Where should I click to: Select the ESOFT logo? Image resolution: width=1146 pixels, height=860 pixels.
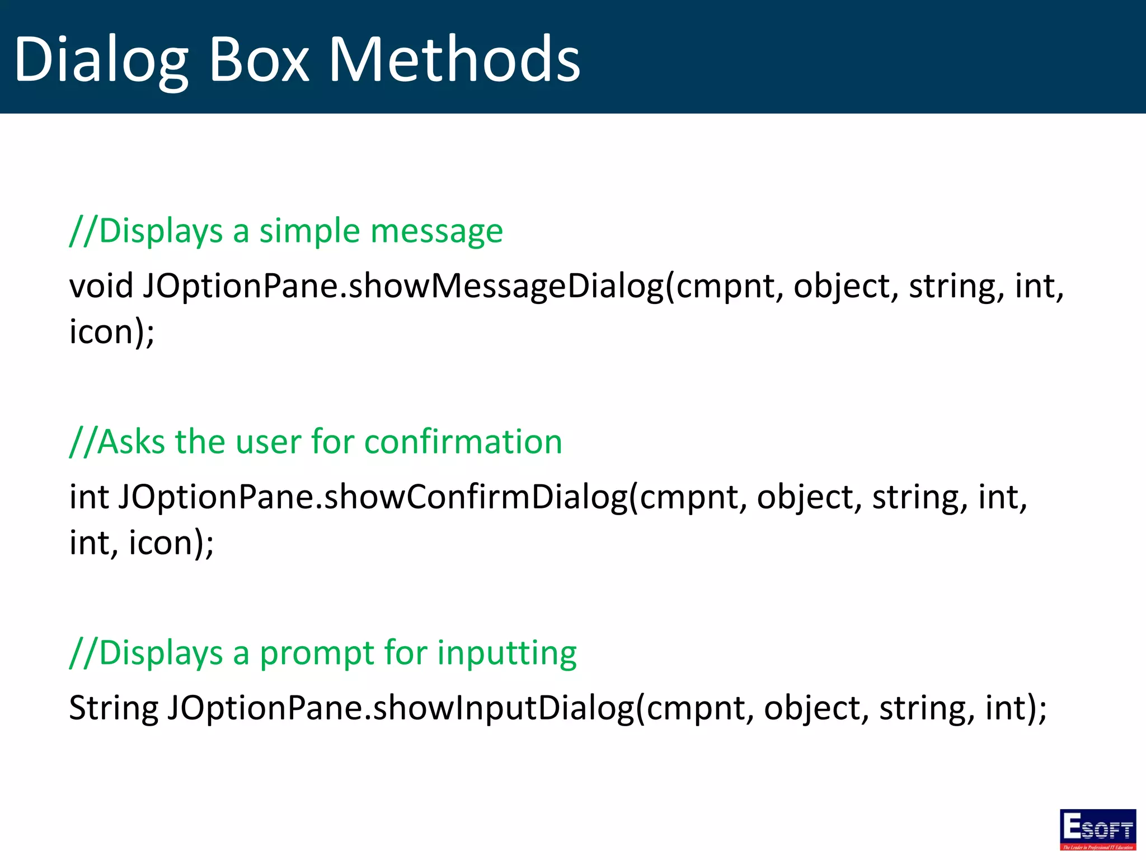1097,829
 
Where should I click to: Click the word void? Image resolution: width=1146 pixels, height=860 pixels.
101,286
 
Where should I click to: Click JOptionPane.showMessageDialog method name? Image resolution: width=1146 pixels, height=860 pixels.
403,286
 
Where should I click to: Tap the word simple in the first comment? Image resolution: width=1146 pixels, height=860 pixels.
308,231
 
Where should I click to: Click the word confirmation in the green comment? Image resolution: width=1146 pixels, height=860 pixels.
463,442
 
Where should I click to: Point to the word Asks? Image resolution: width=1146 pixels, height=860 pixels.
132,442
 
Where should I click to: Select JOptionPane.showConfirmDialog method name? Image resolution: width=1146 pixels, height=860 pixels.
373,497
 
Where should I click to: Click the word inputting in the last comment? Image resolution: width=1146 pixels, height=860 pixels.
506,653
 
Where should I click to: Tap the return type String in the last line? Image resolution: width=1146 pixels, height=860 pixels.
114,708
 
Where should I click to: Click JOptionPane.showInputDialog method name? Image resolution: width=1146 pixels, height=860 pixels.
401,708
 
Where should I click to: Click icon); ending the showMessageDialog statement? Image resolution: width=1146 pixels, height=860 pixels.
111,331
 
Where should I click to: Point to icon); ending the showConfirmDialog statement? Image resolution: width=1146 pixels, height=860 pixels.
171,543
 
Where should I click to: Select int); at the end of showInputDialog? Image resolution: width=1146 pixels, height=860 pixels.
1016,708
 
